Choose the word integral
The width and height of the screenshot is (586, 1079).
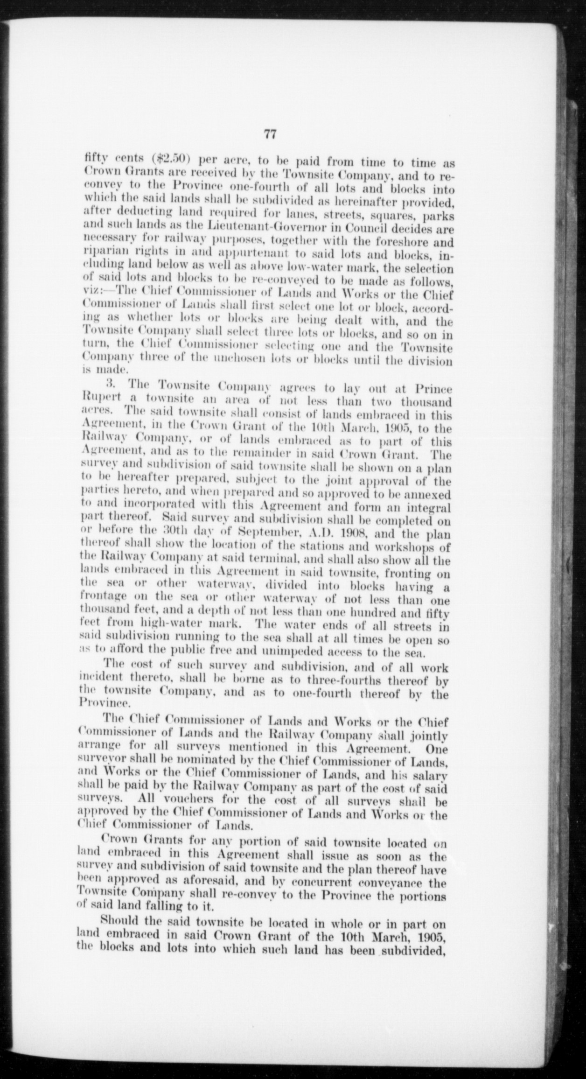click(x=428, y=506)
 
